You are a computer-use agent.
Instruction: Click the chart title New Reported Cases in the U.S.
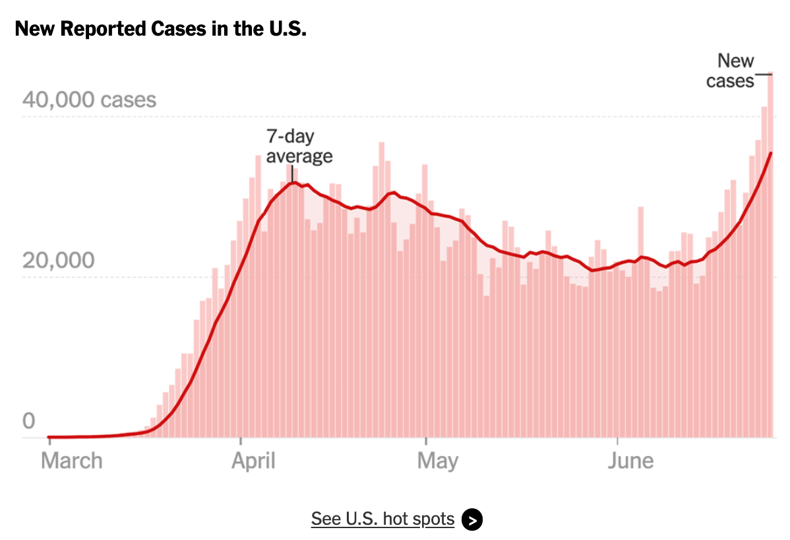pyautogui.click(x=161, y=29)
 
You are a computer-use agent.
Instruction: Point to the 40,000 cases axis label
pyautogui.click(x=89, y=100)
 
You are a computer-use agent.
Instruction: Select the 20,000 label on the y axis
pyautogui.click(x=59, y=261)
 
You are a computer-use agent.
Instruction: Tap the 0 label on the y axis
pyautogui.click(x=29, y=421)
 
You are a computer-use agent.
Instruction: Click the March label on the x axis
pyautogui.click(x=71, y=461)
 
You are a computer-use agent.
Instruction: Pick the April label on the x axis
pyautogui.click(x=253, y=461)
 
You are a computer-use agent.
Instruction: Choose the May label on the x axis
pyautogui.click(x=438, y=461)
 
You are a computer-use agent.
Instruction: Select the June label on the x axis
pyautogui.click(x=631, y=461)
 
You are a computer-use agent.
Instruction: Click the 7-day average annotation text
pyautogui.click(x=299, y=146)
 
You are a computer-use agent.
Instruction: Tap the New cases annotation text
pyautogui.click(x=730, y=71)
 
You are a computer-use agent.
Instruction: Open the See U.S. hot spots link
pyautogui.click(x=383, y=519)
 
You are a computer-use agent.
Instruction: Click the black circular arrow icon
pyautogui.click(x=472, y=520)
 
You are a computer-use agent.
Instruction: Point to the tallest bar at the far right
pyautogui.click(x=770, y=255)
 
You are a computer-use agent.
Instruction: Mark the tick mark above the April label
pyautogui.click(x=241, y=441)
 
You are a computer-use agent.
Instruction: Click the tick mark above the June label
pyautogui.click(x=617, y=441)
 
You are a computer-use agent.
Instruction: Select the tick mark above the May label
pyautogui.click(x=426, y=441)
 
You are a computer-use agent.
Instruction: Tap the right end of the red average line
pyautogui.click(x=770, y=153)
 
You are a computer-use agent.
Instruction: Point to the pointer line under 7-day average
pyautogui.click(x=292, y=174)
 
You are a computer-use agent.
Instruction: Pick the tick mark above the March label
pyautogui.click(x=49, y=441)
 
